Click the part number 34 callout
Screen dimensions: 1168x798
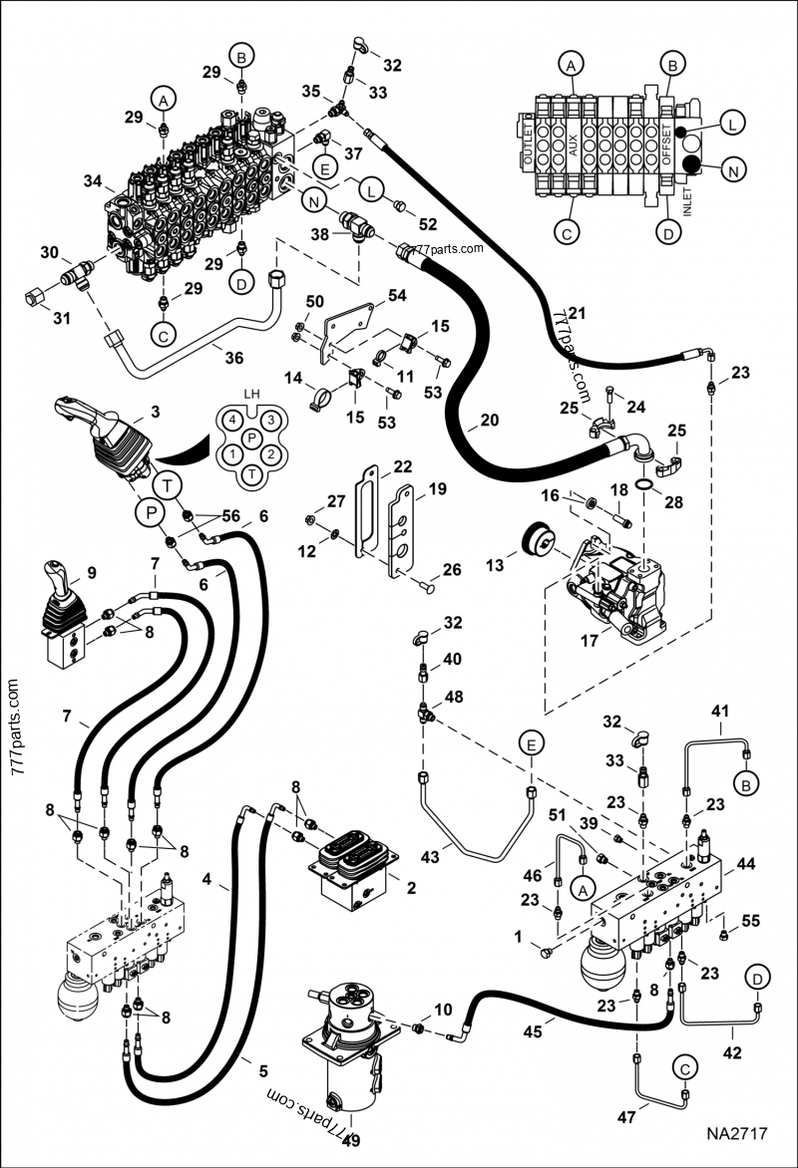pos(93,181)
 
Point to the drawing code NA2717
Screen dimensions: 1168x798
pos(737,1133)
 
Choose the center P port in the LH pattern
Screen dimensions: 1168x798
pos(252,437)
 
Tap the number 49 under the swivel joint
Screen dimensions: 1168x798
pos(350,1141)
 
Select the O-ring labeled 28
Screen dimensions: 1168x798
pos(646,485)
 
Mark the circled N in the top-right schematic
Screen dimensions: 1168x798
pos(732,170)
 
